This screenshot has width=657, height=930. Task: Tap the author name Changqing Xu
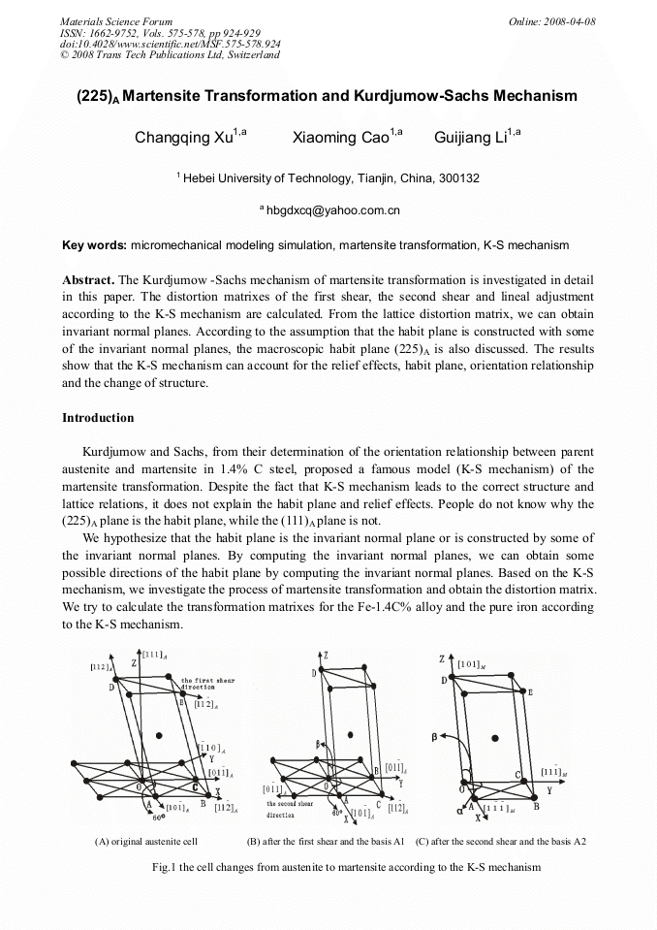tap(184, 138)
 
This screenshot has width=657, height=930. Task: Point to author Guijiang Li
tap(471, 138)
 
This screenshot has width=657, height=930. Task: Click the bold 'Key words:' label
tap(94, 245)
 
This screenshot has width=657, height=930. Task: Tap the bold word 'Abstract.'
tap(89, 278)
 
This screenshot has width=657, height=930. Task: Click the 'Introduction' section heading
tap(98, 418)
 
